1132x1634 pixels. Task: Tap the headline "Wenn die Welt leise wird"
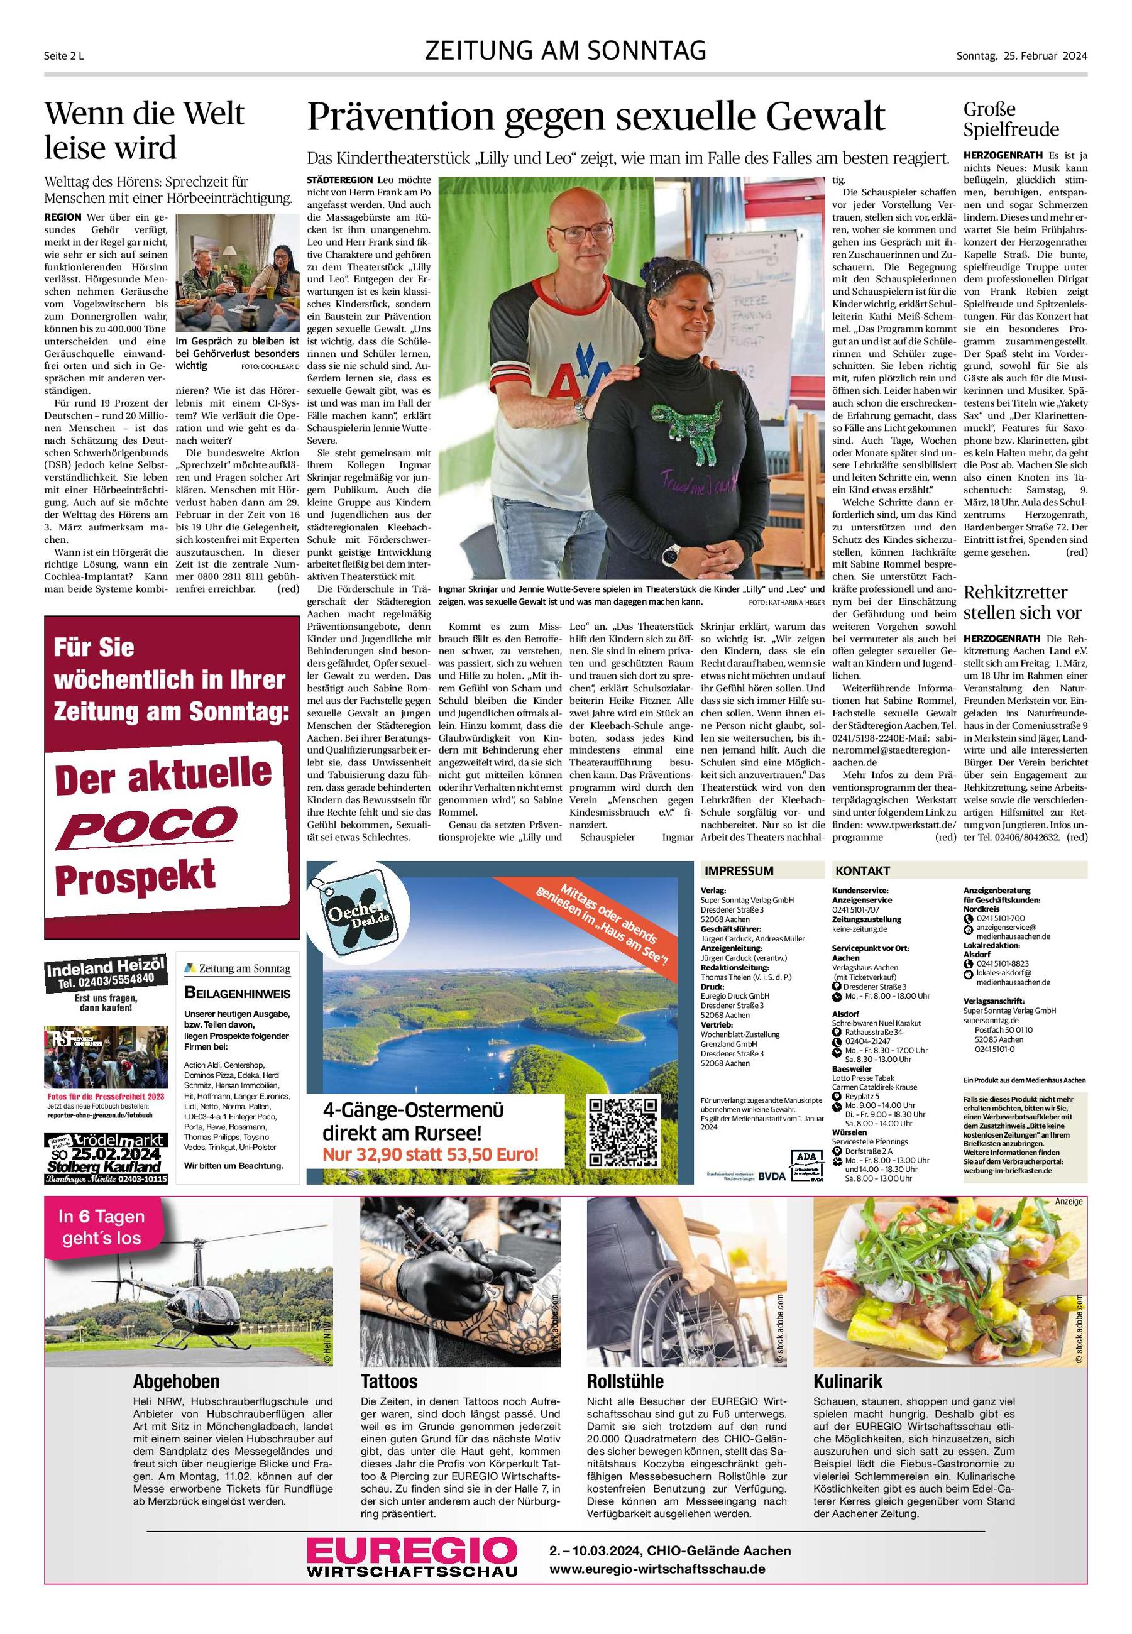click(x=144, y=131)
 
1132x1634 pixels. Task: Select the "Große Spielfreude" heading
click(x=1011, y=119)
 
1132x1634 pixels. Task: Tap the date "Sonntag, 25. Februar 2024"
click(x=1021, y=56)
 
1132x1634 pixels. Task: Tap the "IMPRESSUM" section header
click(x=739, y=871)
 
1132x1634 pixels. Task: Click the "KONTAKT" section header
click(x=862, y=871)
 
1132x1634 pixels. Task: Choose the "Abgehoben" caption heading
click(x=176, y=1381)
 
